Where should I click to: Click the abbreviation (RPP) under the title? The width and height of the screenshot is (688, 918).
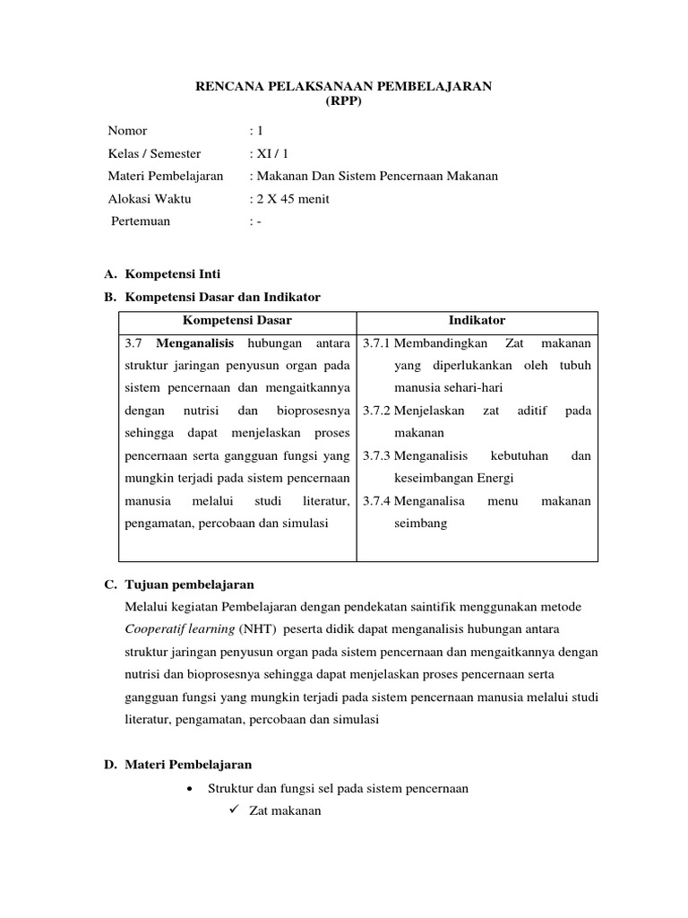[x=344, y=101]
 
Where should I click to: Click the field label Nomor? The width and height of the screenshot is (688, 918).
[x=127, y=131]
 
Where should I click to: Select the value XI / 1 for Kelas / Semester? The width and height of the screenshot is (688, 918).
[x=269, y=153]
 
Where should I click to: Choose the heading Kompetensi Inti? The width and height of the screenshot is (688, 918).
[x=173, y=273]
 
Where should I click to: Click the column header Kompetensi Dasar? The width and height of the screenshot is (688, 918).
[x=237, y=320]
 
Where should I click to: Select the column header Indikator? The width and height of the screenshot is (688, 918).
[x=477, y=320]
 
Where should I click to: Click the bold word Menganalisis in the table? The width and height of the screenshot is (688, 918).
[x=194, y=343]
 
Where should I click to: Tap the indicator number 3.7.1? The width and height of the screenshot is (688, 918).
[x=376, y=343]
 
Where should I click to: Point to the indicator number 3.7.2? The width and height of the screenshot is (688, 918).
[x=376, y=411]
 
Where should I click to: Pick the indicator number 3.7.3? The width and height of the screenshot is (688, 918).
[x=376, y=455]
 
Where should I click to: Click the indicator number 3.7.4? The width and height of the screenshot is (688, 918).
[x=376, y=501]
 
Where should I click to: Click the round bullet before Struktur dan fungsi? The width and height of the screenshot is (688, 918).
[x=189, y=789]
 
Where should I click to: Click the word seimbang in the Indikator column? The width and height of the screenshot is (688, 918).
[x=420, y=523]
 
